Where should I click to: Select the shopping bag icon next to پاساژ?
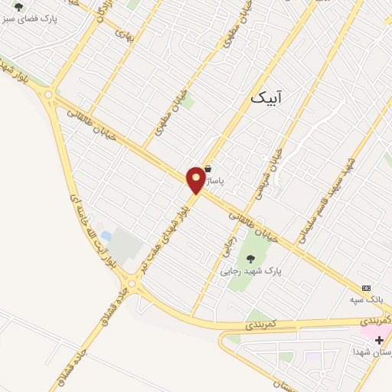(208, 168)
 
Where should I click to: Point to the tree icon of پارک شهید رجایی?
(251, 259)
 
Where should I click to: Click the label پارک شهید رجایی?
(251, 271)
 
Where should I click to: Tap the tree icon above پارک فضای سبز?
(18, 6)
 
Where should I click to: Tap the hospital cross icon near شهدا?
(380, 339)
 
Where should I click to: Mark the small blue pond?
(106, 236)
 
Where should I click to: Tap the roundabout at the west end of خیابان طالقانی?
(50, 95)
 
